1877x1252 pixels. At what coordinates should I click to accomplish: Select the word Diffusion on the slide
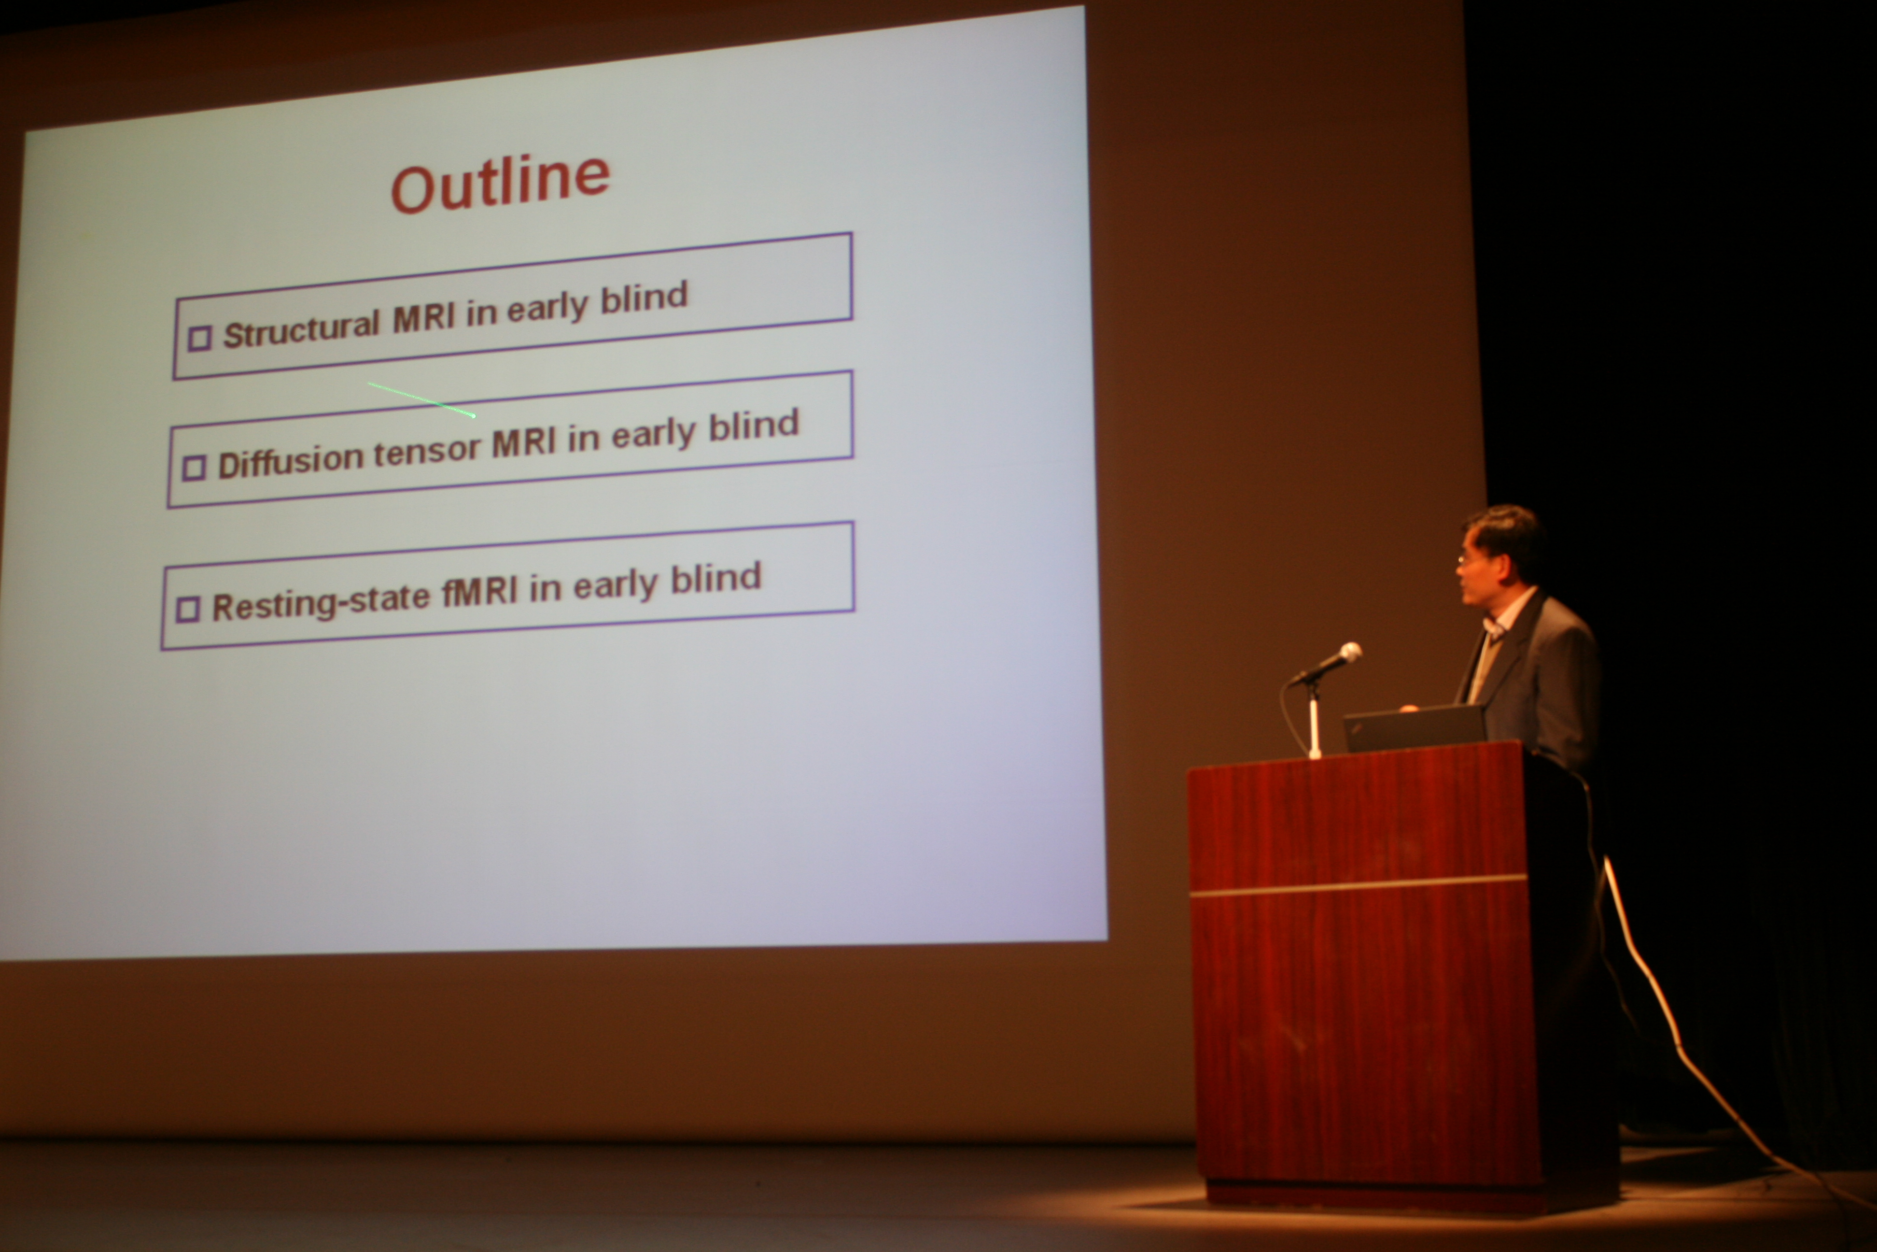tap(291, 460)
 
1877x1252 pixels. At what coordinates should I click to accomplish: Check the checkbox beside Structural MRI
tap(199, 338)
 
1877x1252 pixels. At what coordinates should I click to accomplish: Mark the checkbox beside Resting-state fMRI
tap(187, 609)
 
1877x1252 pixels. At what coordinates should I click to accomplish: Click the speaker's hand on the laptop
tap(1409, 708)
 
